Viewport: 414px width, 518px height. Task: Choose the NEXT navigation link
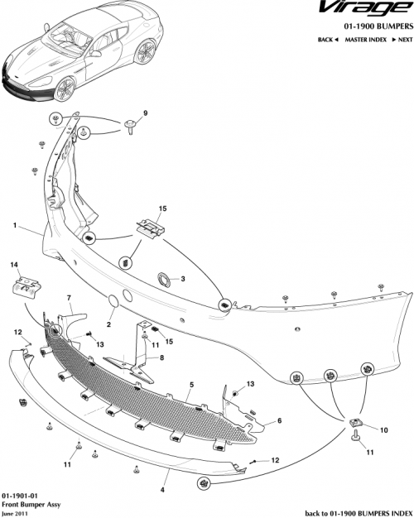pos(401,40)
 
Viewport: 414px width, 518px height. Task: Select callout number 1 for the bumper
pos(15,224)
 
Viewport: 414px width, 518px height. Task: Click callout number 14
pos(13,265)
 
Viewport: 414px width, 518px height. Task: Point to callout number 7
pos(69,297)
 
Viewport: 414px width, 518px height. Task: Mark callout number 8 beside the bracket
pos(161,357)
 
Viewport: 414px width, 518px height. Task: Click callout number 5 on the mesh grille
pos(191,386)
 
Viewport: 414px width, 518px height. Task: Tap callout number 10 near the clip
pos(383,430)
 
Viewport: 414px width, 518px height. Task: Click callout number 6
pos(279,420)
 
